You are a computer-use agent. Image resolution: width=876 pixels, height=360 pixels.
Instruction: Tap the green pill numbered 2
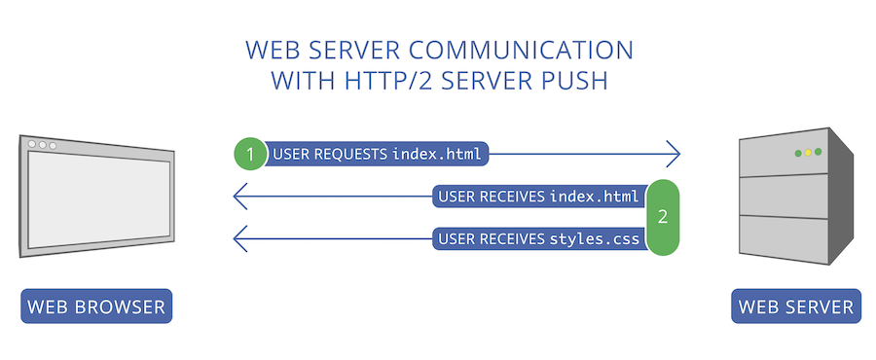pyautogui.click(x=663, y=217)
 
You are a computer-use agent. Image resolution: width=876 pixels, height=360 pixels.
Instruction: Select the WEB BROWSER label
pyautogui.click(x=96, y=308)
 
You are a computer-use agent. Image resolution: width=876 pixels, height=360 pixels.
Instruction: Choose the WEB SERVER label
pyautogui.click(x=796, y=308)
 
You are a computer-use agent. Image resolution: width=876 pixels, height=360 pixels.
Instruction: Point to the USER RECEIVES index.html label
pyautogui.click(x=538, y=198)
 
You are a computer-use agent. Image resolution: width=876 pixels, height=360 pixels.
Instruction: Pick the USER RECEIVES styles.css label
pyautogui.click(x=538, y=238)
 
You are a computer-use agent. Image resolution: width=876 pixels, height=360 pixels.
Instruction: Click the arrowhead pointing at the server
pyautogui.click(x=673, y=154)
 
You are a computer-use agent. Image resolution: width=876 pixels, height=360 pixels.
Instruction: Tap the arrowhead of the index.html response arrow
pyautogui.click(x=237, y=198)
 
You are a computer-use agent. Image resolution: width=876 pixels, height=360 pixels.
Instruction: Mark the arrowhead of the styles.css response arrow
pyautogui.click(x=237, y=238)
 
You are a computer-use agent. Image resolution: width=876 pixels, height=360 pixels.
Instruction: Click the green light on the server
pyautogui.click(x=798, y=153)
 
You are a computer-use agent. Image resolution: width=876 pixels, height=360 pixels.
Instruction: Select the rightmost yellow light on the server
pyautogui.click(x=819, y=153)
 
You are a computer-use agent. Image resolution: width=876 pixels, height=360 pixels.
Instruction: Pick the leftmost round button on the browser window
pyautogui.click(x=31, y=145)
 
